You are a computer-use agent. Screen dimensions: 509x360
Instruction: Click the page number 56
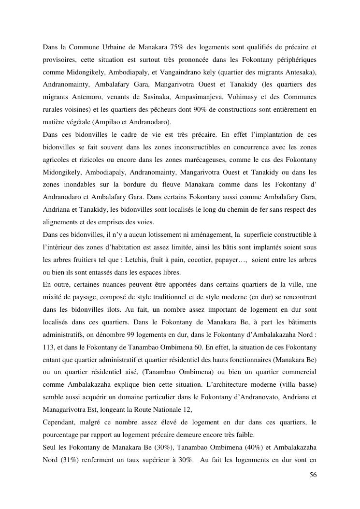[313, 476]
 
